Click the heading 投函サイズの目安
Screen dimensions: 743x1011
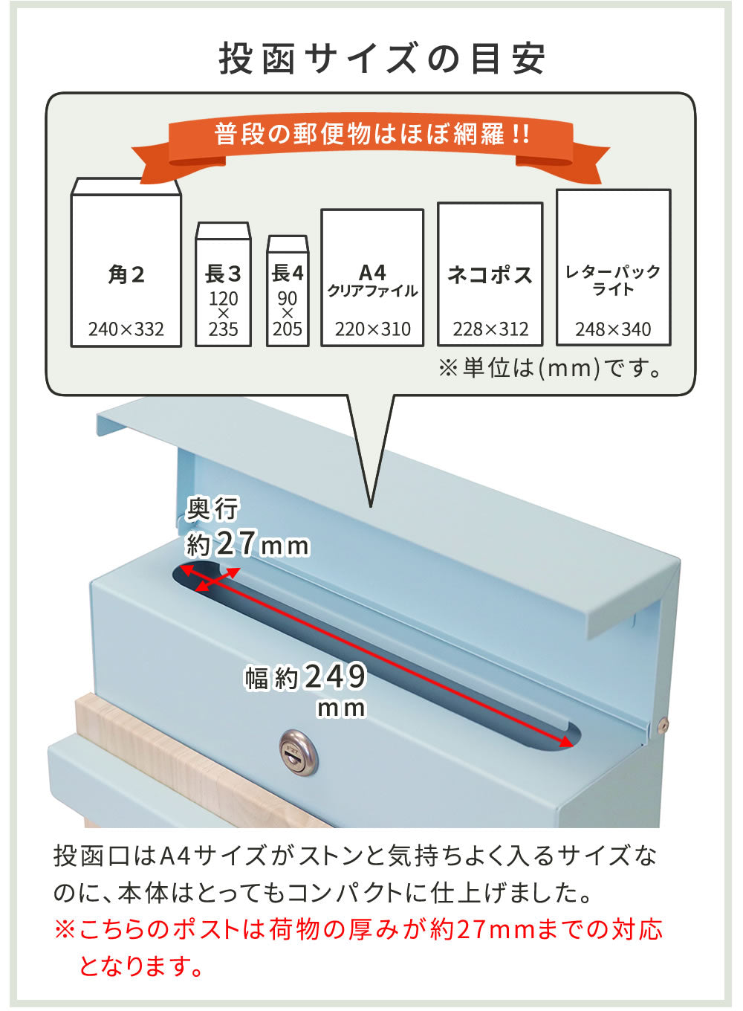point(382,59)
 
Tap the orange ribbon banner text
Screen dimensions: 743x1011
point(371,134)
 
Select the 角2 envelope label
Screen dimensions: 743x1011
point(126,274)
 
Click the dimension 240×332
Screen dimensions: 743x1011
point(126,329)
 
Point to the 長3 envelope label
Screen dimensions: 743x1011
point(223,274)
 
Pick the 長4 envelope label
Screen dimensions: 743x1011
point(288,273)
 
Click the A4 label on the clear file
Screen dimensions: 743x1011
point(372,272)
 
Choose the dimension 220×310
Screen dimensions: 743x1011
point(373,329)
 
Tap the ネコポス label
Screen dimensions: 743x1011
point(490,274)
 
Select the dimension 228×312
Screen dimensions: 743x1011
point(490,329)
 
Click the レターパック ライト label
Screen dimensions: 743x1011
point(613,280)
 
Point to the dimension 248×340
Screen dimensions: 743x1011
point(613,329)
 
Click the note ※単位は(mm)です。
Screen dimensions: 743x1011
point(551,368)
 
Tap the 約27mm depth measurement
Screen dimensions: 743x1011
point(247,543)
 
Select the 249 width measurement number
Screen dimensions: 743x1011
point(336,676)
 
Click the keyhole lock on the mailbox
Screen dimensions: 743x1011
point(298,753)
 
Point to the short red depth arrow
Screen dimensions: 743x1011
point(218,580)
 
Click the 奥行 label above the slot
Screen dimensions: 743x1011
point(212,509)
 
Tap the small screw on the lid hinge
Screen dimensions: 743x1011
point(662,726)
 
